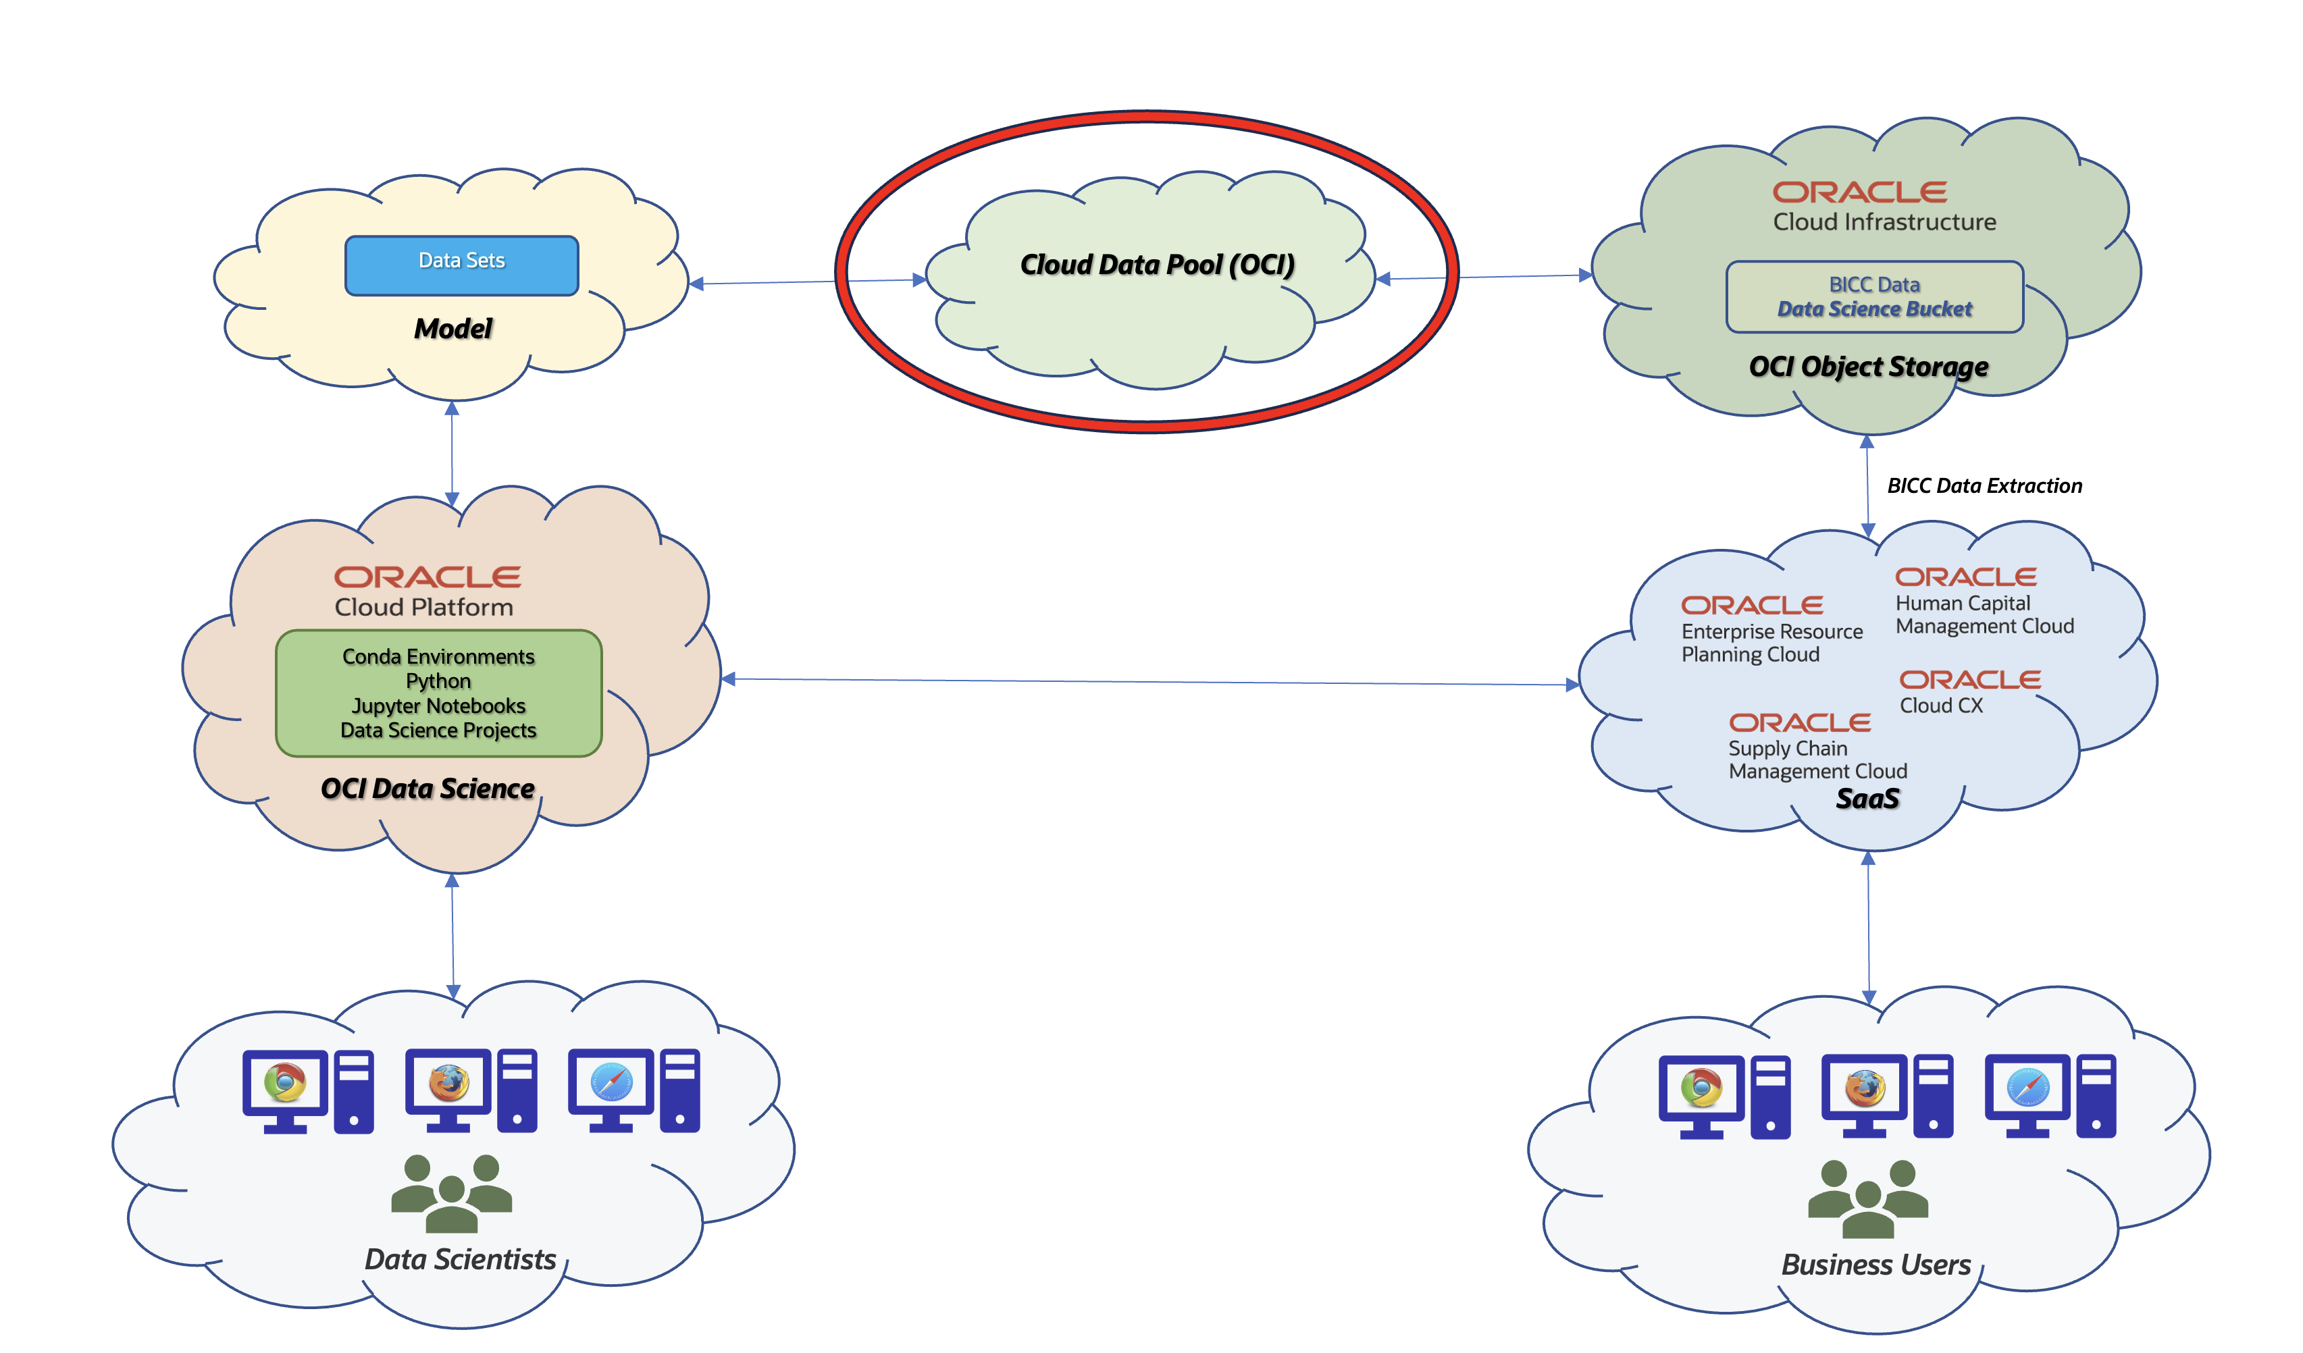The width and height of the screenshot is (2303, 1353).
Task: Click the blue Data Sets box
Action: tap(461, 265)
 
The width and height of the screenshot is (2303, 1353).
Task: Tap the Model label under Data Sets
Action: tap(452, 328)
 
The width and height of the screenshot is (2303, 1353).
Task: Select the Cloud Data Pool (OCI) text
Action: tap(1157, 265)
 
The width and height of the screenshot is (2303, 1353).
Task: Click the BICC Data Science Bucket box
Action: tap(1873, 297)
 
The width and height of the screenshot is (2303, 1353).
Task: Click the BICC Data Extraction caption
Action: tap(1984, 486)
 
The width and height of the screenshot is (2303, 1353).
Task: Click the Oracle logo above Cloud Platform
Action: tap(427, 577)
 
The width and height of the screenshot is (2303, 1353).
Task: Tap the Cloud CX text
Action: tap(1940, 706)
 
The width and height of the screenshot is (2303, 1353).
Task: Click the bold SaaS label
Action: tap(1867, 799)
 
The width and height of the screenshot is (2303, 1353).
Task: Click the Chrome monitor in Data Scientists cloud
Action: tap(285, 1087)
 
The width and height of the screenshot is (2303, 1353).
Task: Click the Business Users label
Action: tap(1875, 1265)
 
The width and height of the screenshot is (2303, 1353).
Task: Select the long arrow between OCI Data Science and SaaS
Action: tap(1149, 681)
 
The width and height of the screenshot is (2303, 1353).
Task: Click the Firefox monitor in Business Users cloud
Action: tap(1863, 1092)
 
